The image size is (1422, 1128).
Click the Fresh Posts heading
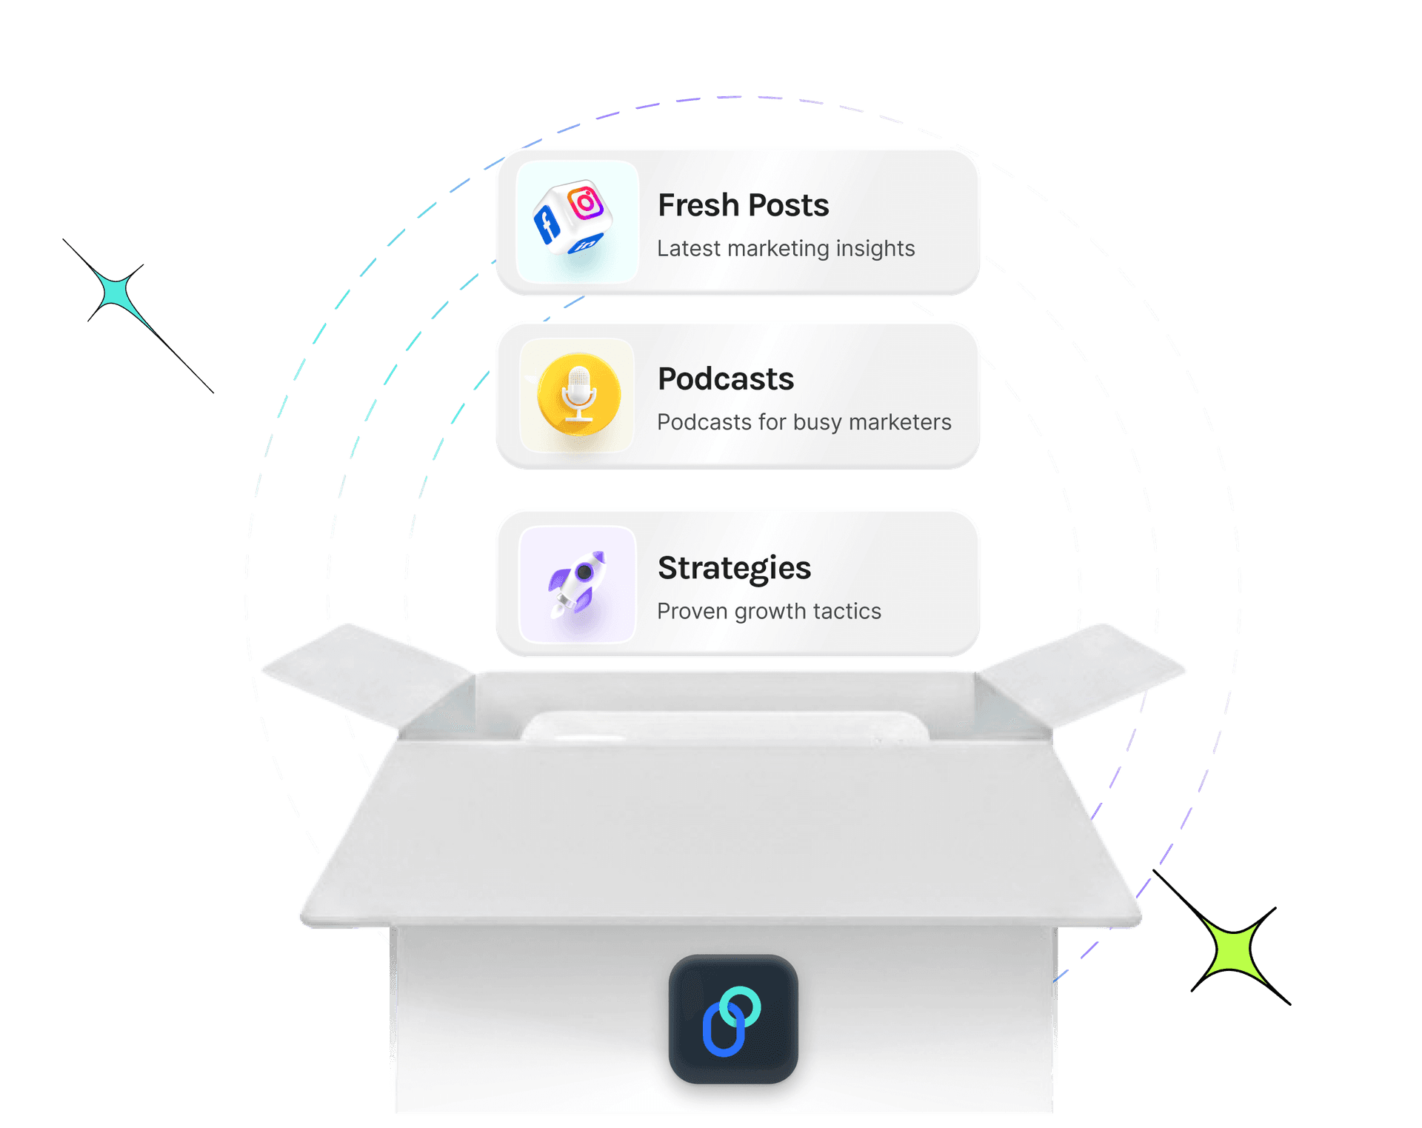(x=743, y=205)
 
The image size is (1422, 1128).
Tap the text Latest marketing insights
(x=785, y=248)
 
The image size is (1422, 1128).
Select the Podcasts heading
(x=725, y=379)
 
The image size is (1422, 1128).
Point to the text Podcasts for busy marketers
(x=804, y=422)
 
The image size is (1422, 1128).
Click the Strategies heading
(x=734, y=568)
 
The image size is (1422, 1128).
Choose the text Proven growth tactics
(x=769, y=611)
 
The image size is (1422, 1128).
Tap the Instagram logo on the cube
(x=586, y=201)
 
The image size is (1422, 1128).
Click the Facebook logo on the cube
(x=547, y=224)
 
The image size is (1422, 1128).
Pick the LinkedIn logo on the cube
(x=586, y=244)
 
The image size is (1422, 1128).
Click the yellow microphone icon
(x=578, y=394)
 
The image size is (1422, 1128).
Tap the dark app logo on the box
(x=732, y=1019)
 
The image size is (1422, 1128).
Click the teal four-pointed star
(x=118, y=293)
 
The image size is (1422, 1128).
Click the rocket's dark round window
(x=584, y=572)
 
